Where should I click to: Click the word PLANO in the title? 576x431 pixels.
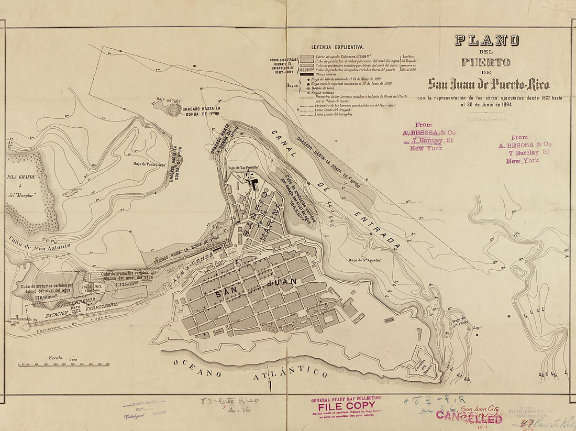pos(486,40)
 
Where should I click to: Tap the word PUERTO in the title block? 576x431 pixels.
pos(485,62)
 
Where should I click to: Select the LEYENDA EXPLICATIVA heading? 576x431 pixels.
pos(338,47)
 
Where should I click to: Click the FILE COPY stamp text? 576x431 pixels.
pos(343,405)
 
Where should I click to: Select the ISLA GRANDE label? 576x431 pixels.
pos(21,177)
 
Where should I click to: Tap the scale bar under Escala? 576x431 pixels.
pos(63,363)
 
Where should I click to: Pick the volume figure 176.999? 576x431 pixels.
pos(46,297)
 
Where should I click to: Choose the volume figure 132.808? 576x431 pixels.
pos(128,284)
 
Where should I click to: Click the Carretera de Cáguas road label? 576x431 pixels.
pos(71,321)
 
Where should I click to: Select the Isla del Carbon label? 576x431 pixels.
pos(92,289)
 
